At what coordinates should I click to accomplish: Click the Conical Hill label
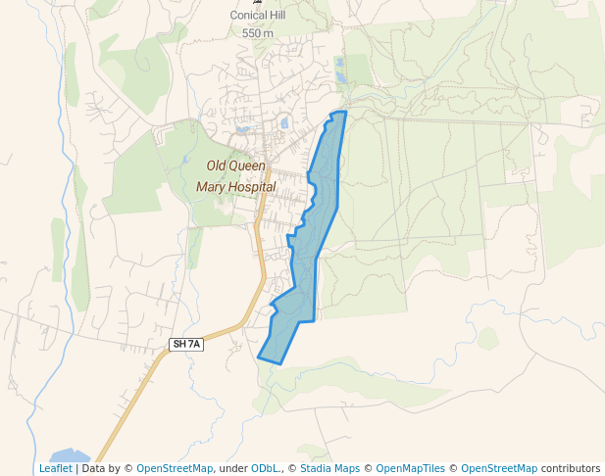click(x=258, y=16)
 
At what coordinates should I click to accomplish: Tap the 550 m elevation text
click(x=258, y=32)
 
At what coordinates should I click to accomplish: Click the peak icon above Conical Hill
click(x=258, y=2)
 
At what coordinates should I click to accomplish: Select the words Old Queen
click(x=235, y=167)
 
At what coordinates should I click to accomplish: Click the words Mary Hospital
click(x=235, y=186)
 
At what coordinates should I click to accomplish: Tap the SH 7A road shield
click(x=186, y=344)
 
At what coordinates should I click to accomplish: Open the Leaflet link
click(x=55, y=468)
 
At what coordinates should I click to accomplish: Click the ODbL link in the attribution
click(x=264, y=468)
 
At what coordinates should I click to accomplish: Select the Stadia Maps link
click(x=329, y=468)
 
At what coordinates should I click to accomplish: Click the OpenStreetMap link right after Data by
click(x=174, y=468)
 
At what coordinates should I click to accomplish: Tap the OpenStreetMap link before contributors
click(x=498, y=468)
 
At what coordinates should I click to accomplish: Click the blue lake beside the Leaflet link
click(x=69, y=455)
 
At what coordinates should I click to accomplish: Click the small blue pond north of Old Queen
click(x=284, y=123)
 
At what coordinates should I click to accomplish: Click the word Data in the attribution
click(x=94, y=468)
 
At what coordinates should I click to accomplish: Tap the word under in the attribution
click(x=234, y=468)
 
